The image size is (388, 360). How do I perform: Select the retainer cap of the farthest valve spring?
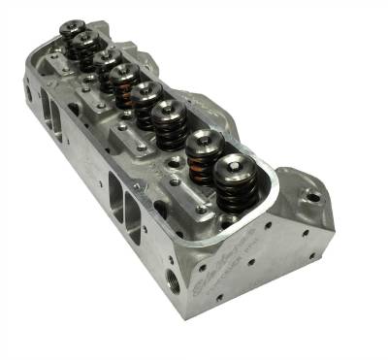(x=70, y=29)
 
